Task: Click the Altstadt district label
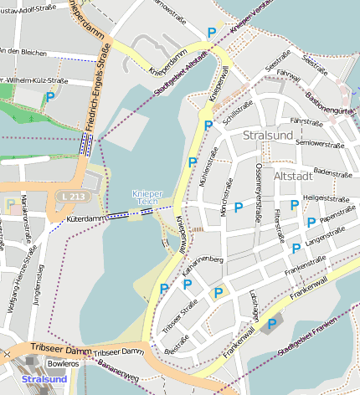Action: click(x=292, y=177)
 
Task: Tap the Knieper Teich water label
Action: click(x=147, y=198)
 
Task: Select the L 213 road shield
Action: click(x=71, y=196)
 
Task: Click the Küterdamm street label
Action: click(x=84, y=218)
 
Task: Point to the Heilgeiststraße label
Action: click(x=327, y=199)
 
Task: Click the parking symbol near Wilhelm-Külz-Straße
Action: click(x=51, y=97)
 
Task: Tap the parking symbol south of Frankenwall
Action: click(x=271, y=323)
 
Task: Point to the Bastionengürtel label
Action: click(x=332, y=105)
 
